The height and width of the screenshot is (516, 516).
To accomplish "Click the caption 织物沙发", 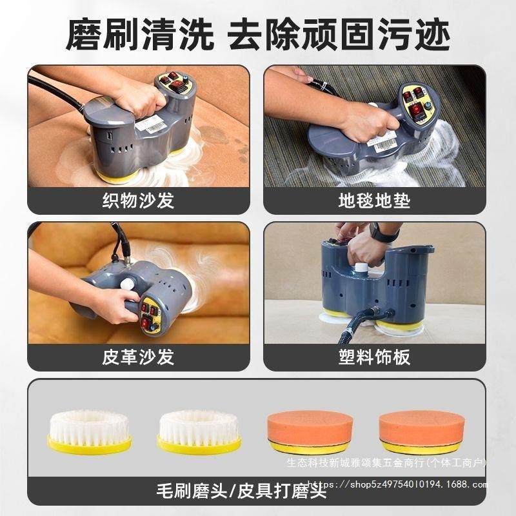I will point(138,201).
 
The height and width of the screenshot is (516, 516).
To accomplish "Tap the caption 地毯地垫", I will point(375,201).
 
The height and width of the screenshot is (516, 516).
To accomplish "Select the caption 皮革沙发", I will point(138,357).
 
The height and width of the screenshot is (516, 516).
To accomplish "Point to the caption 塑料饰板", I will point(375,357).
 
